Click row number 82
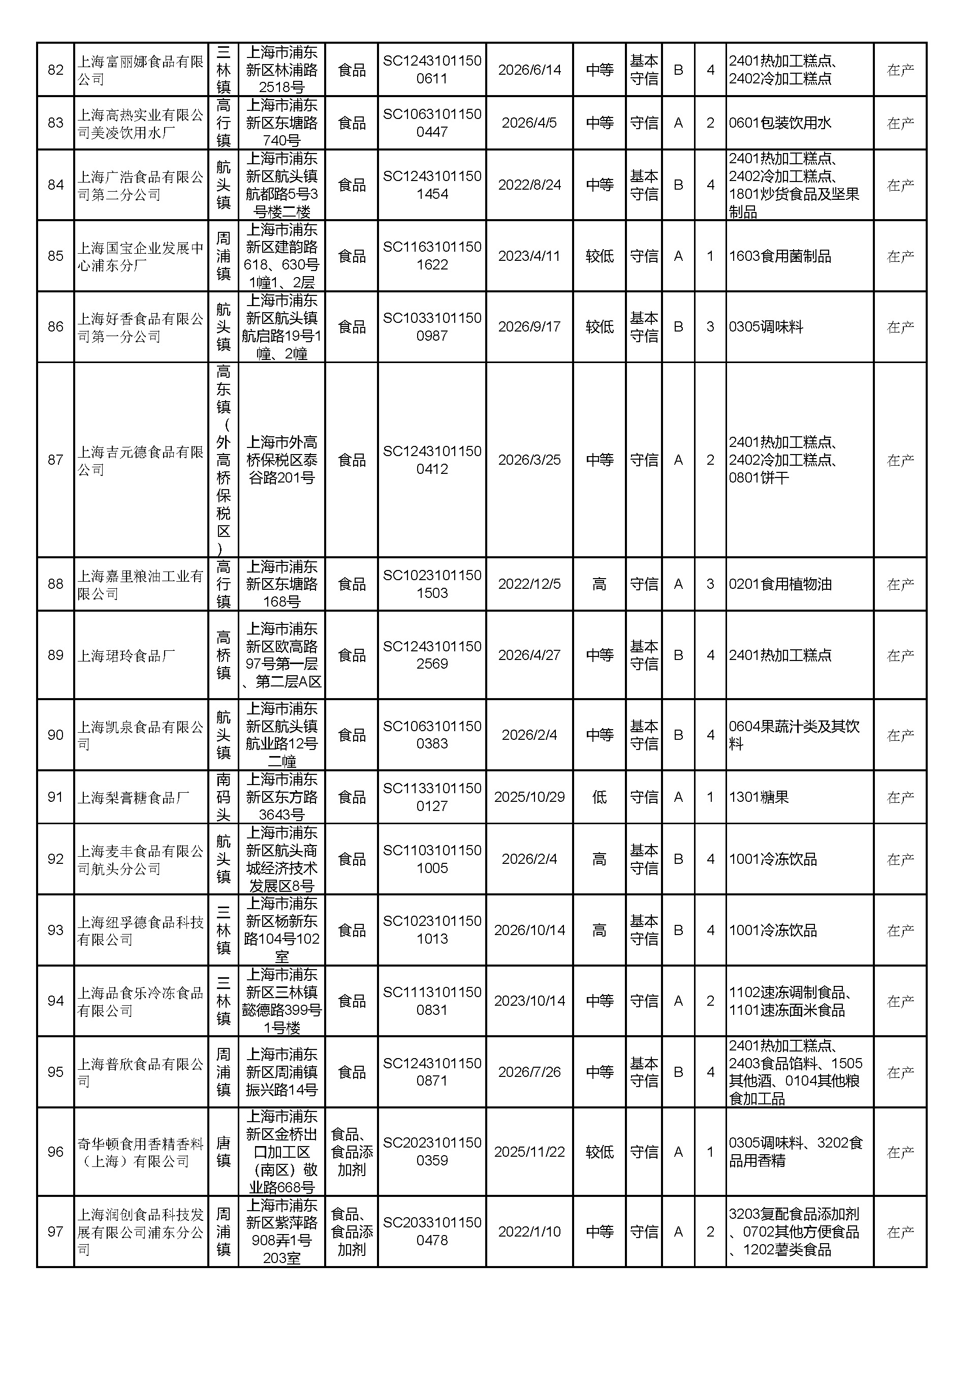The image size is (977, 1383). [55, 70]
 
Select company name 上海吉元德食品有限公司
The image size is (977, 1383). [140, 460]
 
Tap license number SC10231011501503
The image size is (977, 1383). [432, 584]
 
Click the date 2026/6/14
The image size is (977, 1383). [529, 70]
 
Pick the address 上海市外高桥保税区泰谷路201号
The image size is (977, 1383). [282, 460]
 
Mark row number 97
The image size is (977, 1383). [55, 1232]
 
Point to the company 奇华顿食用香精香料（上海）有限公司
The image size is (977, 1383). [140, 1152]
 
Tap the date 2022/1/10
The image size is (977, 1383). [529, 1232]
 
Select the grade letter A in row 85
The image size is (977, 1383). [678, 256]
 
